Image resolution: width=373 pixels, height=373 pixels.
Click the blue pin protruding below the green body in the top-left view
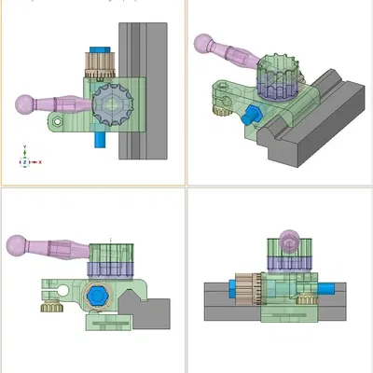100,139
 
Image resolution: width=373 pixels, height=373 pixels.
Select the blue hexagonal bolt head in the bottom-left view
97,297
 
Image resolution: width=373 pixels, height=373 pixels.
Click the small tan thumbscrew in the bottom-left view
50,304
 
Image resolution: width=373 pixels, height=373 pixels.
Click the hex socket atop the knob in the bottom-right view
292,243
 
